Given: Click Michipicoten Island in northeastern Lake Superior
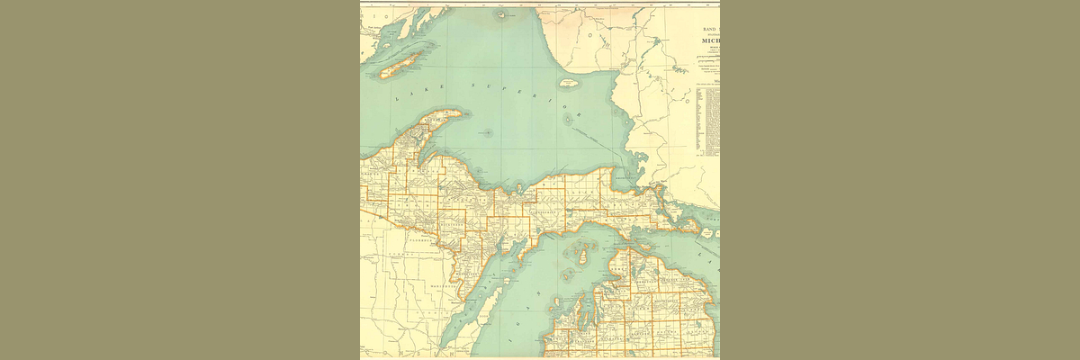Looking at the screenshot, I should (568, 82).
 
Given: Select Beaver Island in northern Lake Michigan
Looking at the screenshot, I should (581, 256).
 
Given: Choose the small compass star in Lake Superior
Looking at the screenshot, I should (487, 133).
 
